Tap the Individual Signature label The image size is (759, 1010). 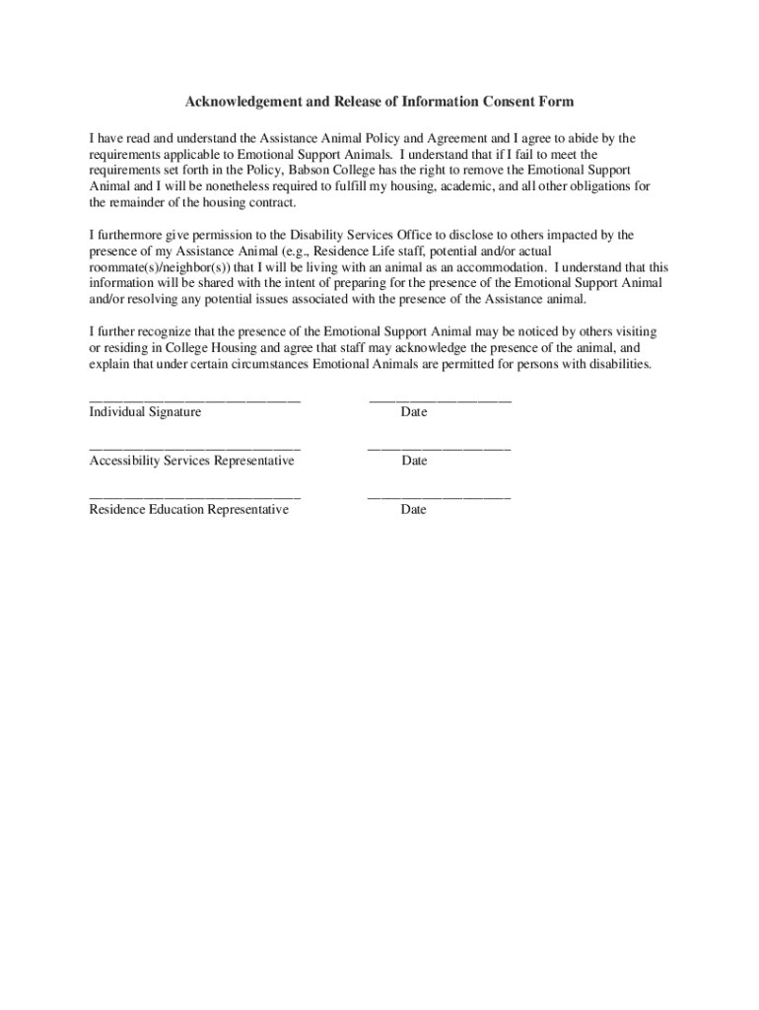pyautogui.click(x=145, y=412)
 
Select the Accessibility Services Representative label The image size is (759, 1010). pyautogui.click(x=191, y=461)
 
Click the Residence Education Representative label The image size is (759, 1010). pyautogui.click(x=189, y=510)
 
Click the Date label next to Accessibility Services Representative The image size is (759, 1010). pyautogui.click(x=414, y=461)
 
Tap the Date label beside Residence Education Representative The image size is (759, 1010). pyautogui.click(x=414, y=510)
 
